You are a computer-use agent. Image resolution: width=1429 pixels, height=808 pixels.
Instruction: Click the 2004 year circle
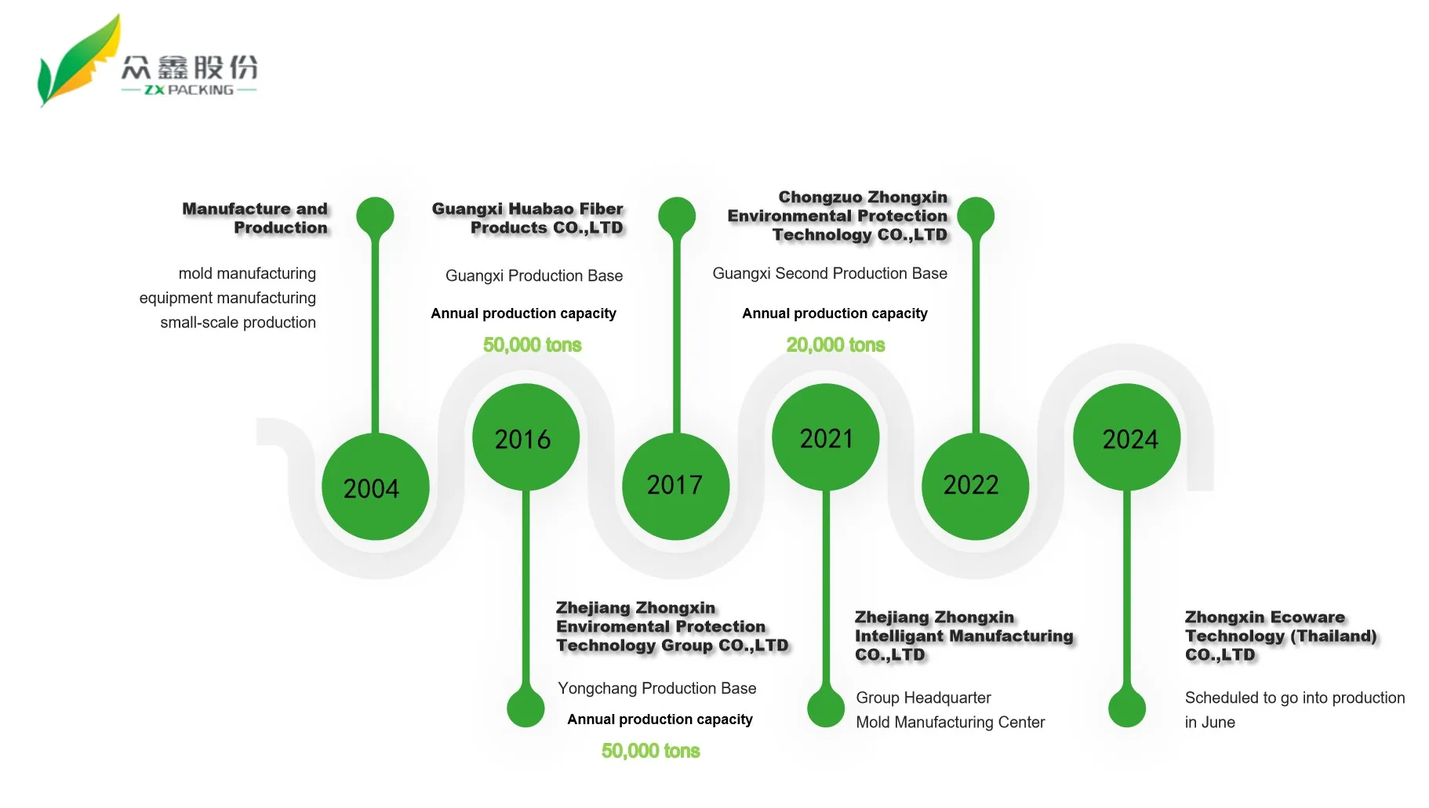click(375, 487)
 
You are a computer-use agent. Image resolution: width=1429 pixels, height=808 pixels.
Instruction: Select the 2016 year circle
click(525, 437)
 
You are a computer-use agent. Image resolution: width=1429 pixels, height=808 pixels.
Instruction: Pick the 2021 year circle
click(825, 437)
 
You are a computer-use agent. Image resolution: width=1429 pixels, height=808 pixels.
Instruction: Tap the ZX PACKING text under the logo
click(189, 90)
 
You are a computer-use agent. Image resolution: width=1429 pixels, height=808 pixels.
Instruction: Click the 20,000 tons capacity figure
click(835, 345)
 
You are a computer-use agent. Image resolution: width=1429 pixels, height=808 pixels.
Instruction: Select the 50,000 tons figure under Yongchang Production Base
click(650, 751)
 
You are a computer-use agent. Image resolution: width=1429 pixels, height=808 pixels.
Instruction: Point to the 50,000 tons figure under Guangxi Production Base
click(532, 345)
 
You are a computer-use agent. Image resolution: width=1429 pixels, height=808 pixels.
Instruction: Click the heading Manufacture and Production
click(256, 218)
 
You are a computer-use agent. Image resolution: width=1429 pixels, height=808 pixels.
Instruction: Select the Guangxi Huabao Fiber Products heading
click(528, 218)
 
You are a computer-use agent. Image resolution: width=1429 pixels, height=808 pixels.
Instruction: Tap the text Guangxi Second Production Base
click(830, 274)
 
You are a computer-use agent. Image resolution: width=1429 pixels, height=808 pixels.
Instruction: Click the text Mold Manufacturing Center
click(950, 722)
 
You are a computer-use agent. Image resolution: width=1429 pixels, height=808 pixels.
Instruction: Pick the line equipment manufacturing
click(227, 298)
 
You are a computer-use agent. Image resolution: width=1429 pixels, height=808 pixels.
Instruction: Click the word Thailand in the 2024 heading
click(1333, 636)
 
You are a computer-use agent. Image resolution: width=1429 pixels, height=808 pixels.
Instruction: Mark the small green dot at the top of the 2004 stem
click(375, 216)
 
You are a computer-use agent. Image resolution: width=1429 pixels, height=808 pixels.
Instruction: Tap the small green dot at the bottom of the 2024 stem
click(1126, 708)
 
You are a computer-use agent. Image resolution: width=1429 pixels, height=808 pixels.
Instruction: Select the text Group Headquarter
click(923, 697)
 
